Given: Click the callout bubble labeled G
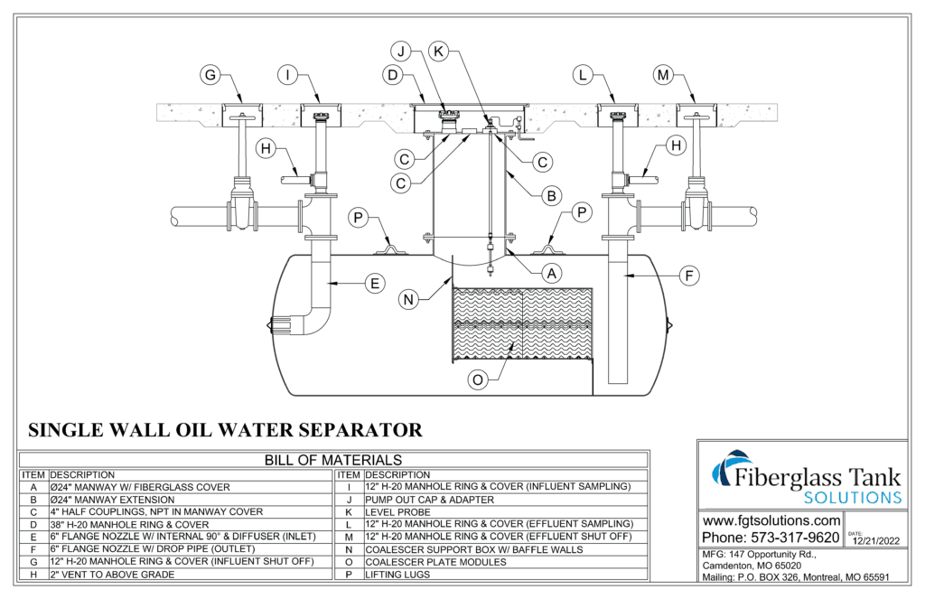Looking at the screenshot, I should click(x=210, y=75).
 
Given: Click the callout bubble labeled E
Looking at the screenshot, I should click(x=372, y=284).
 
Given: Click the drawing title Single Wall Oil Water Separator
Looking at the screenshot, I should click(x=225, y=428).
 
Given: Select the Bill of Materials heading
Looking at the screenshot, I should click(x=333, y=460).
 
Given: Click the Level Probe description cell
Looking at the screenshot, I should click(x=397, y=511).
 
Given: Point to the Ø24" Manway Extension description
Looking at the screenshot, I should click(x=118, y=499).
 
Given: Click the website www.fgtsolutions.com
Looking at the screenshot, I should click(x=771, y=521).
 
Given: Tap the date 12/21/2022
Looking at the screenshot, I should click(x=877, y=541).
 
